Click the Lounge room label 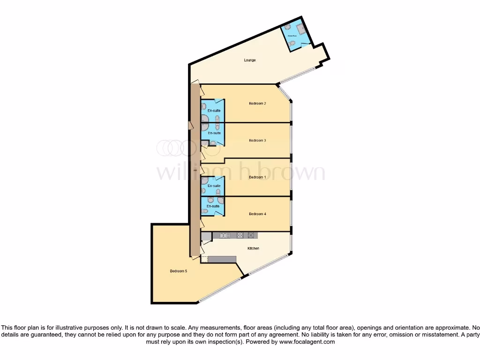(x=250, y=60)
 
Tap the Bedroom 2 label (x=257, y=103)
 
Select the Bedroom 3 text (x=257, y=140)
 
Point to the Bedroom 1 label (x=257, y=177)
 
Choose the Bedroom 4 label (x=257, y=214)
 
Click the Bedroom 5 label (x=179, y=271)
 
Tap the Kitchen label (x=253, y=248)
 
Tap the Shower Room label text (x=291, y=35)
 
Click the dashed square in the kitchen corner (x=204, y=259)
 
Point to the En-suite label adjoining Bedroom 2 (x=214, y=110)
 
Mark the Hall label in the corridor (x=195, y=170)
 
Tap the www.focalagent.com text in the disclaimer (x=307, y=342)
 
